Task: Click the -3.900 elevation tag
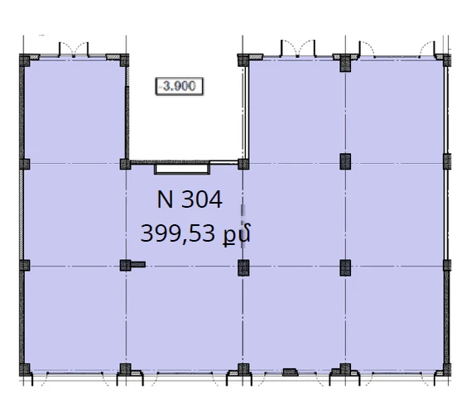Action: (179, 87)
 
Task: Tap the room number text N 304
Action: (190, 199)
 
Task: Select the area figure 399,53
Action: (178, 233)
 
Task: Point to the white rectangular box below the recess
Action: (182, 169)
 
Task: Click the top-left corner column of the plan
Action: (25, 60)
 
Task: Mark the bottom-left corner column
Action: (25, 369)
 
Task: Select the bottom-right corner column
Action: (447, 369)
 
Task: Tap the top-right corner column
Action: (447, 60)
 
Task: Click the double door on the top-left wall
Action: (74, 50)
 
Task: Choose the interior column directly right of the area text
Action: (243, 267)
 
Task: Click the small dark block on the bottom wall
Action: (291, 372)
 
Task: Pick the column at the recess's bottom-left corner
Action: (125, 165)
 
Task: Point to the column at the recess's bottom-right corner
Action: (243, 165)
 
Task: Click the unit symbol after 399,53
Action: (237, 234)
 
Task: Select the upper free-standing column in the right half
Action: (345, 161)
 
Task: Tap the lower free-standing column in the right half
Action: (345, 267)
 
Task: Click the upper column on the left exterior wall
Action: (25, 165)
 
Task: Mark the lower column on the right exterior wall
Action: (447, 265)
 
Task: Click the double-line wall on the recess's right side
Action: (247, 113)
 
